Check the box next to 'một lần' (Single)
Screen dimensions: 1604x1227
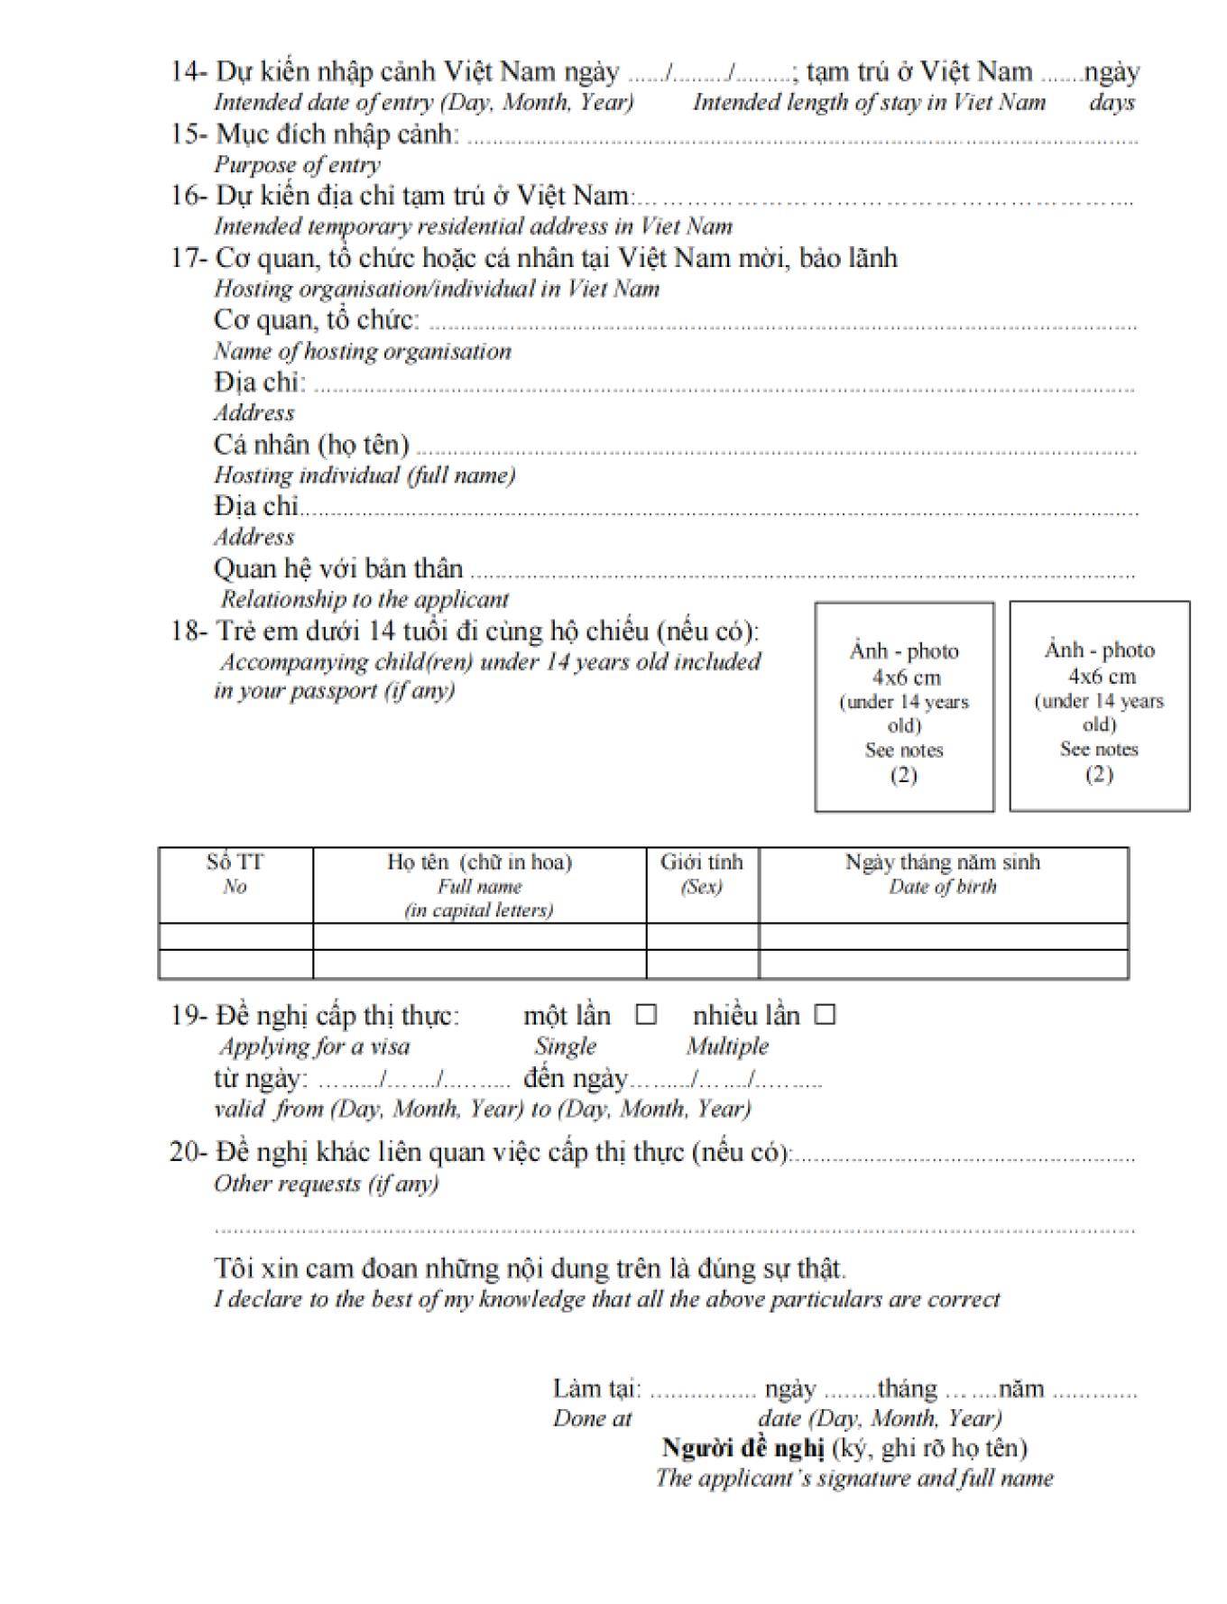click(x=645, y=1015)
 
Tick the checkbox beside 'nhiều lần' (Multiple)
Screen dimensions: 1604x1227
click(x=825, y=1015)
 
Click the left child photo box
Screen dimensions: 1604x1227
click(x=904, y=707)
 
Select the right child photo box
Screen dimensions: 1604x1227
click(x=1099, y=706)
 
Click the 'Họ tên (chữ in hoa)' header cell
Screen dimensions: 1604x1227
click(x=479, y=884)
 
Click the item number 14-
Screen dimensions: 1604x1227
click(x=189, y=72)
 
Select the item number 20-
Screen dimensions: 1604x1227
click(x=189, y=1153)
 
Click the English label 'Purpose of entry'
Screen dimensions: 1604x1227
click(x=297, y=165)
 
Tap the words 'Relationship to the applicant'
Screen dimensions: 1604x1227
click(x=364, y=599)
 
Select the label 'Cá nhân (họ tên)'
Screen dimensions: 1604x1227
click(x=311, y=445)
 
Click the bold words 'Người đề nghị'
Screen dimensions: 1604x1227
click(x=743, y=1448)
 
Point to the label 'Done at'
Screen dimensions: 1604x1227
click(x=592, y=1418)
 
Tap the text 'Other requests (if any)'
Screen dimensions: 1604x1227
click(x=326, y=1184)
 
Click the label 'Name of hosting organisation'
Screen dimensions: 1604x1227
click(x=362, y=351)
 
